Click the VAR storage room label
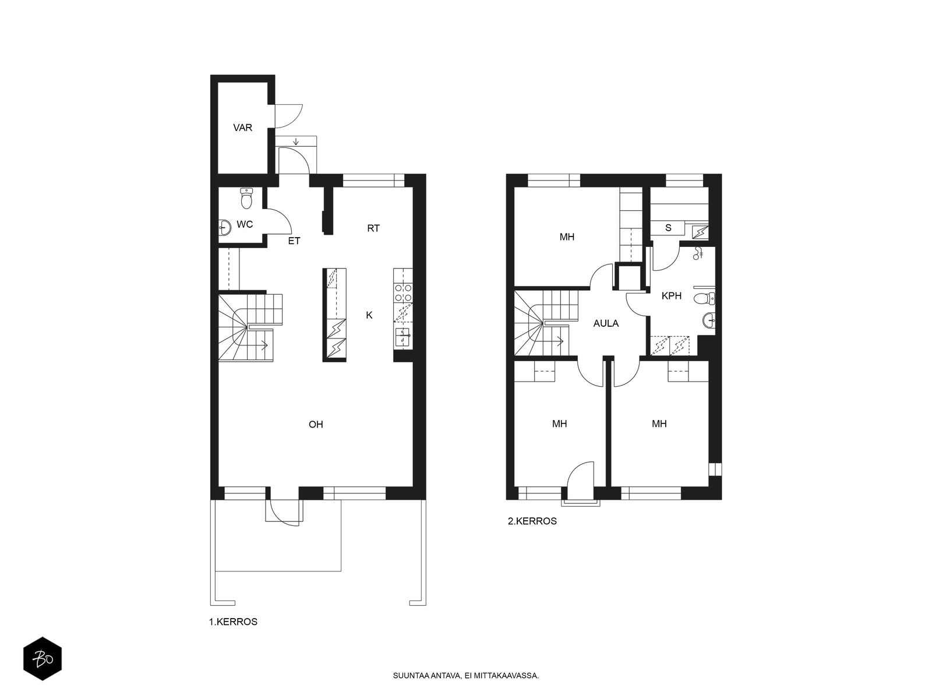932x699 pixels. [x=242, y=128]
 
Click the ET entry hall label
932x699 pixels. [x=294, y=241]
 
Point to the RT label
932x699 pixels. [x=373, y=228]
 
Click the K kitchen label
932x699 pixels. [x=369, y=315]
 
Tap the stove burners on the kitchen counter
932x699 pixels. [x=403, y=293]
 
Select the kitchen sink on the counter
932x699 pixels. [x=403, y=338]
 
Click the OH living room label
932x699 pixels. [x=316, y=425]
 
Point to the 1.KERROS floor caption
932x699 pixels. [x=233, y=622]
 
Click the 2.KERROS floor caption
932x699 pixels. [x=532, y=521]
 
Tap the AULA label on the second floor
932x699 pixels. [x=606, y=323]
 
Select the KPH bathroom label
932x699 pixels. [x=671, y=296]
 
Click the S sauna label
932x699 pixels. [x=668, y=228]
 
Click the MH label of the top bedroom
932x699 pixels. [x=567, y=237]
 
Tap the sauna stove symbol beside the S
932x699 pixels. [x=700, y=232]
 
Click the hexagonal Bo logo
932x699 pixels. [x=43, y=659]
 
